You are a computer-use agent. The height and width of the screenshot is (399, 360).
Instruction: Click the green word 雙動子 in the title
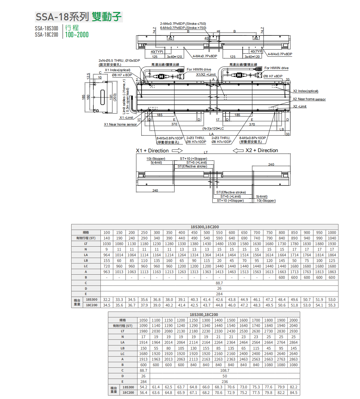click(106, 17)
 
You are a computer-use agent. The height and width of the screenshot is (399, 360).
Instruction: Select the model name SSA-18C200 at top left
click(46, 35)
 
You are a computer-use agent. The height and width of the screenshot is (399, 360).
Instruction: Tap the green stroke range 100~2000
click(77, 35)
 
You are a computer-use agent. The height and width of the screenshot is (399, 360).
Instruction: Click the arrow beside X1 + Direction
click(177, 151)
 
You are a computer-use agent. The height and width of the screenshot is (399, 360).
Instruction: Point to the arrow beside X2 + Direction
click(238, 151)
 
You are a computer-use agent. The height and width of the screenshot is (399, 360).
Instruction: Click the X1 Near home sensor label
click(120, 124)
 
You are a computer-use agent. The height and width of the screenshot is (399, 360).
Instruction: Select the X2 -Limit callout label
click(300, 106)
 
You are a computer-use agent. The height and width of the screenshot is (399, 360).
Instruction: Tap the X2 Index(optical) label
click(306, 91)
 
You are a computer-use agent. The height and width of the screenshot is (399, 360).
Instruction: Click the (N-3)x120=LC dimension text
click(213, 128)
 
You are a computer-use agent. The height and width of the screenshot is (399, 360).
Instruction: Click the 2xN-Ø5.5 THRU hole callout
click(119, 61)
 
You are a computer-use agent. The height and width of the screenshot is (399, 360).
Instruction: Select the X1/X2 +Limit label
click(206, 74)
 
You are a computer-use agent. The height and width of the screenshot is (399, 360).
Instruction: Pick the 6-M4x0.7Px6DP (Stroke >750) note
click(183, 28)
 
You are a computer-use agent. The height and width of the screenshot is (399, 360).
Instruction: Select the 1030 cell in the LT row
click(107, 244)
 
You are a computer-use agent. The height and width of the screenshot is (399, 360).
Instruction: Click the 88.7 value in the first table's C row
click(219, 283)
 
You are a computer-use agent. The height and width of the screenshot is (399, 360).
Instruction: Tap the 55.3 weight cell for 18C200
click(332, 305)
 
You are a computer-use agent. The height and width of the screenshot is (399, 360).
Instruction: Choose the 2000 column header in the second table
click(293, 320)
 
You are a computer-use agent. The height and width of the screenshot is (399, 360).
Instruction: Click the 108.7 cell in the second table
click(225, 370)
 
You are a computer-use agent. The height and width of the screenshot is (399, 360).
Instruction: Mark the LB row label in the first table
click(86, 261)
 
